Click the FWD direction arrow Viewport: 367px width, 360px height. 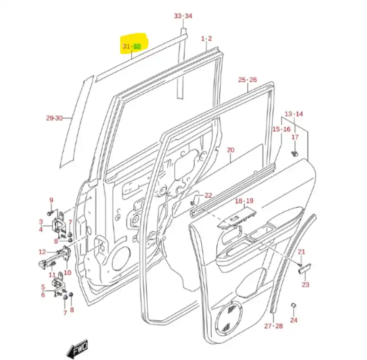[x=78, y=349]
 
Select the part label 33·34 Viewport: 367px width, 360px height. [x=183, y=16]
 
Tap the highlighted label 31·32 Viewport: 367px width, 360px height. [x=132, y=46]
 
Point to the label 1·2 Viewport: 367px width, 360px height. [x=206, y=38]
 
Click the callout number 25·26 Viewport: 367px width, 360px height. [x=247, y=79]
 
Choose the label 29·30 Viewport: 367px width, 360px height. [x=54, y=118]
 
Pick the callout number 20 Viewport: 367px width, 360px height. [x=231, y=150]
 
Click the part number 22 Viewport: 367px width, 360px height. [x=208, y=195]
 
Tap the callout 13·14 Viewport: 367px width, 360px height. [x=294, y=114]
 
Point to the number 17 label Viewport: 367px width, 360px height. [x=295, y=137]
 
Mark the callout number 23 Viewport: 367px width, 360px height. [x=305, y=284]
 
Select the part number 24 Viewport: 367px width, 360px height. [x=294, y=320]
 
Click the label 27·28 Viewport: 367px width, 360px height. [x=273, y=326]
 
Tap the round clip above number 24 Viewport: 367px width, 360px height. [x=294, y=305]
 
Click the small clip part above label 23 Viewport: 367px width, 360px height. [x=304, y=269]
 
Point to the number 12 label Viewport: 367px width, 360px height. [x=42, y=252]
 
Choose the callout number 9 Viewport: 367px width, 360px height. [x=51, y=201]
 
